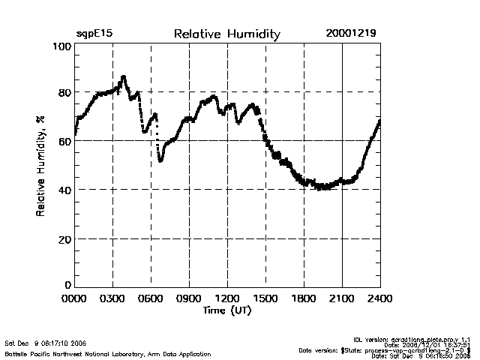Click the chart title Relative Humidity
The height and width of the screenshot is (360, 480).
[x=226, y=34]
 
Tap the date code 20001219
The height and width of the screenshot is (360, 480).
[x=351, y=34]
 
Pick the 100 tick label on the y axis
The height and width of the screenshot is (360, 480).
[x=62, y=46]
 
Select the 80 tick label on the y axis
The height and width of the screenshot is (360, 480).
[x=64, y=93]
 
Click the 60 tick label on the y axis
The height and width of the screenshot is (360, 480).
[x=64, y=140]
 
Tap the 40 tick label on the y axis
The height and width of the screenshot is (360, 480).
[x=64, y=190]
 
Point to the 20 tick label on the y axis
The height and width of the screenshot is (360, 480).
[x=64, y=238]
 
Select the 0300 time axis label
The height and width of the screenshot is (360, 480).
[x=112, y=298]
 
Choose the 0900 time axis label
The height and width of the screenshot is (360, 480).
[x=189, y=298]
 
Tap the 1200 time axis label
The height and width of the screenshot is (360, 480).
[x=227, y=298]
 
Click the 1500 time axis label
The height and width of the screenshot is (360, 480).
[x=265, y=298]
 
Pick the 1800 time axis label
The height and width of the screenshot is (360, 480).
[x=304, y=298]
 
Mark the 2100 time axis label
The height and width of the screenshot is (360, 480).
[x=342, y=298]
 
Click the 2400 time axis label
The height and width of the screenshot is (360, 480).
[x=380, y=298]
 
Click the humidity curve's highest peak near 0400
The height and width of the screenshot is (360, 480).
[x=123, y=76]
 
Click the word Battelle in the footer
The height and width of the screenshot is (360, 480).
[x=16, y=352]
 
